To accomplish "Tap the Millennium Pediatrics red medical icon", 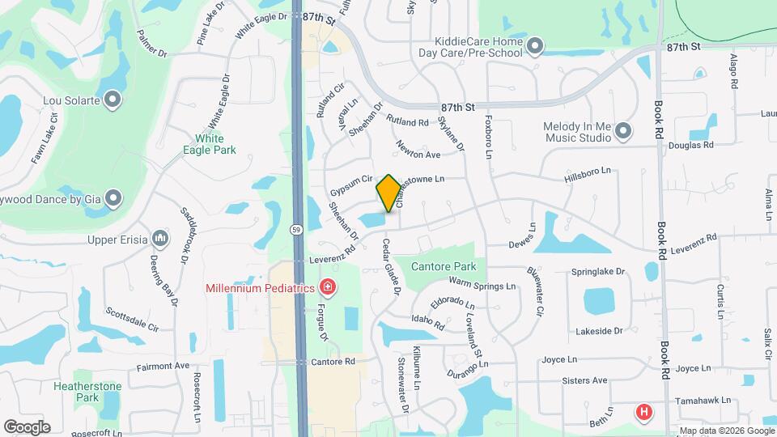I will pos(327,286).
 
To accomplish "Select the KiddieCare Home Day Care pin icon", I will pos(534,47).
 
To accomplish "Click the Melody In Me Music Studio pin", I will pos(622,130).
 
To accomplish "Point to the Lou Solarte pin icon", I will pos(113,100).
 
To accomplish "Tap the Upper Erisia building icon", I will pos(160,239).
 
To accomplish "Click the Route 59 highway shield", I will pos(297,229).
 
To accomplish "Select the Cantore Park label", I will pos(443,266).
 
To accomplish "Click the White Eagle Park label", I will pos(210,144).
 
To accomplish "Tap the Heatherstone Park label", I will pos(87,392).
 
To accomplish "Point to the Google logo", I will pos(27,426).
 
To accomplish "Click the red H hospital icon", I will pos(644,413).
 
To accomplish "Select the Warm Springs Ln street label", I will pos(482,285).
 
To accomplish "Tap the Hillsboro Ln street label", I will pos(587,172).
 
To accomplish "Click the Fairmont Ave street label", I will pos(163,366).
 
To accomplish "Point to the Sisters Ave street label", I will pos(586,380).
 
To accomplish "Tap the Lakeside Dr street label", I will pos(599,330).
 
